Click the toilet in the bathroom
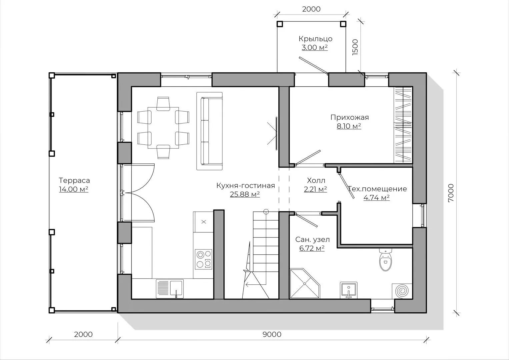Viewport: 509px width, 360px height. click(385, 259)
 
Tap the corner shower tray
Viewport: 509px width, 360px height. click(304, 283)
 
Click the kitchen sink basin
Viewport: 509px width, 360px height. click(176, 288)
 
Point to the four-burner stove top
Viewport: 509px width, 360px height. click(204, 259)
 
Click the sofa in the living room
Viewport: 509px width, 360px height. click(209, 131)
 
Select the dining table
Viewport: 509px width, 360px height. click(163, 128)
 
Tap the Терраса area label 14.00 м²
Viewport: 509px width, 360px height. click(74, 189)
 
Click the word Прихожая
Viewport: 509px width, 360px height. click(349, 117)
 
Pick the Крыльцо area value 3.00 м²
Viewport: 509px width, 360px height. click(315, 47)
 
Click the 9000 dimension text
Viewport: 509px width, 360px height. click(272, 334)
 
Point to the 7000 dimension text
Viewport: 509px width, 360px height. click(451, 193)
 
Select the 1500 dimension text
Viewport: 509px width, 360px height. click(355, 47)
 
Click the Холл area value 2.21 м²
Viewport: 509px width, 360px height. click(315, 189)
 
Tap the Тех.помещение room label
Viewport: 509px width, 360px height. click(377, 189)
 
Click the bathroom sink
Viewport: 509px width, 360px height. click(349, 290)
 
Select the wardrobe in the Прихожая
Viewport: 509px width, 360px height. click(403, 125)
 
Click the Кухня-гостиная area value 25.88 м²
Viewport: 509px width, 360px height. click(245, 194)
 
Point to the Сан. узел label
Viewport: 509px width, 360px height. click(312, 240)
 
